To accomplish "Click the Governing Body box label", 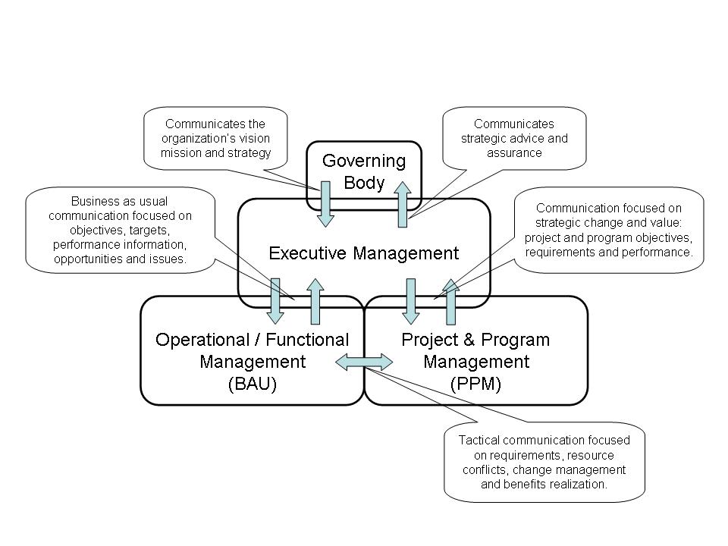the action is [364, 171].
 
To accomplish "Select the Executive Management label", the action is [364, 253].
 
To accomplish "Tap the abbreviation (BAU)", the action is [253, 384].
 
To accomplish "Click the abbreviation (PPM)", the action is [476, 384].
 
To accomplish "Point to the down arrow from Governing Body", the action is [325, 204].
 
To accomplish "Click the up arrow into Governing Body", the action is [403, 204].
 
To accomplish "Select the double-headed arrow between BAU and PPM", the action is [364, 362].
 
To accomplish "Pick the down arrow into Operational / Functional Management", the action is [275, 301].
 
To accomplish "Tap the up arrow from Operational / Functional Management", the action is [315, 301].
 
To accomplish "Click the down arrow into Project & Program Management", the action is [410, 301].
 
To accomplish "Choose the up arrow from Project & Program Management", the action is [450, 301].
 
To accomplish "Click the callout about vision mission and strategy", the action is [215, 138].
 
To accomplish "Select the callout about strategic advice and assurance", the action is [514, 138].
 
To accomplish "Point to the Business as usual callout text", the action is [121, 231].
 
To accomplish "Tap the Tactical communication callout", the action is [544, 463].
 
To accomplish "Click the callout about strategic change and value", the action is [609, 231].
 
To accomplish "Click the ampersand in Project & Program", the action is [469, 340].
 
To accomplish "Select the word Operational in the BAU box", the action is [202, 340].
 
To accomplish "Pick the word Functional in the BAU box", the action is [307, 340].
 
